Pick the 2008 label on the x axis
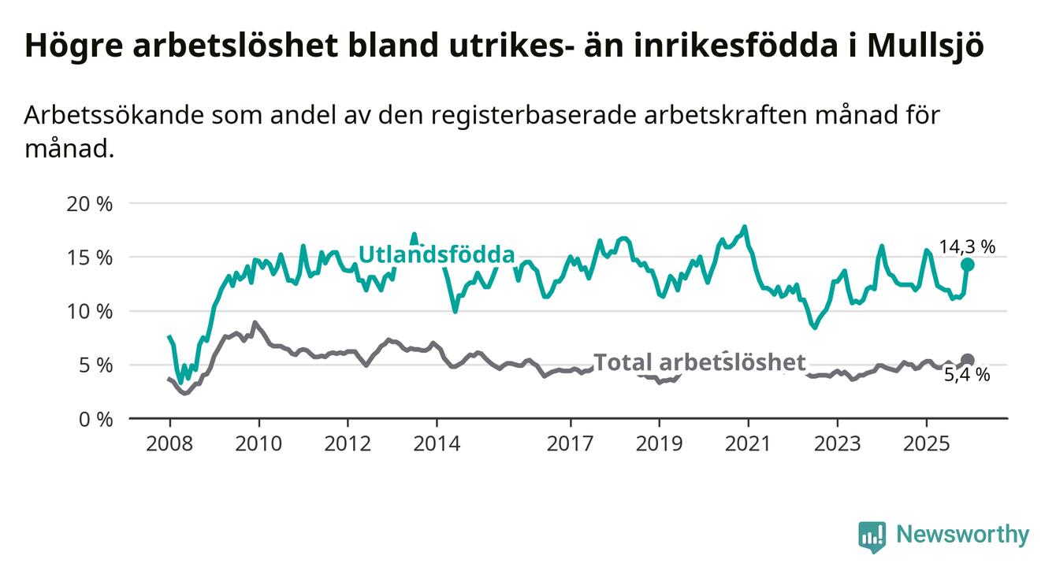pyautogui.click(x=169, y=443)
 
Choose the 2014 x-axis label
pyautogui.click(x=437, y=443)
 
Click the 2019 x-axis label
pyautogui.click(x=659, y=443)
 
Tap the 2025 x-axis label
pyautogui.click(x=926, y=443)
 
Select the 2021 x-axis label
pyautogui.click(x=748, y=443)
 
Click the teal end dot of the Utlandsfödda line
pyautogui.click(x=967, y=265)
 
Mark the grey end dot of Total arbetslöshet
pyautogui.click(x=967, y=360)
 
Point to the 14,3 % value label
pyautogui.click(x=966, y=246)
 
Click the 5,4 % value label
pyautogui.click(x=966, y=376)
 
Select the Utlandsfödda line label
pyautogui.click(x=436, y=254)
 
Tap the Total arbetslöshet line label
pyautogui.click(x=699, y=362)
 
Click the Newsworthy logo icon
pyautogui.click(x=872, y=535)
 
